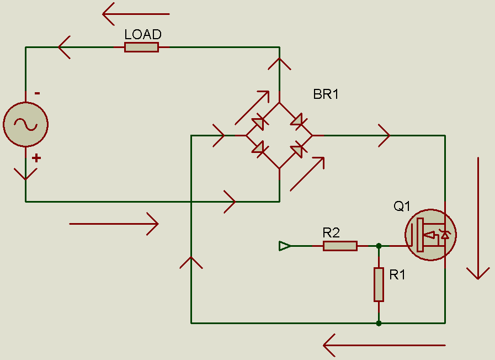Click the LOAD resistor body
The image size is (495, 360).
pyautogui.click(x=141, y=47)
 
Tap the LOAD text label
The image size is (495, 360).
pyautogui.click(x=143, y=34)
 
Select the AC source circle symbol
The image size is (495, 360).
pyautogui.click(x=25, y=124)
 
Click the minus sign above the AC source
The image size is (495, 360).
pyautogui.click(x=37, y=93)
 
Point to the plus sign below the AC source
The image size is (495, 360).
pyautogui.click(x=36, y=158)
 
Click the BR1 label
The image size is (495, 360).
pyautogui.click(x=326, y=94)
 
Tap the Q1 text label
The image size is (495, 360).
pyautogui.click(x=402, y=207)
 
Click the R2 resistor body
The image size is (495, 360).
pyautogui.click(x=340, y=246)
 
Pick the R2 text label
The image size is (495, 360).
pyautogui.click(x=331, y=232)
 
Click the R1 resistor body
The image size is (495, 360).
pyautogui.click(x=379, y=284)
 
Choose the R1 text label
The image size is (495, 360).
pyautogui.click(x=397, y=275)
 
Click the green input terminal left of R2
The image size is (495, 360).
pyautogui.click(x=284, y=246)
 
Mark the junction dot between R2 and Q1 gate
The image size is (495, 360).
pyautogui.click(x=379, y=246)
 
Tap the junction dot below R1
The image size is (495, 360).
pyautogui.click(x=379, y=323)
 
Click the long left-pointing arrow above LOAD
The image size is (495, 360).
pyautogui.click(x=136, y=14)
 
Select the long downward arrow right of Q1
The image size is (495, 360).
pyautogui.click(x=478, y=218)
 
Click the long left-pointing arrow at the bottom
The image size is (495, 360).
pyautogui.click(x=384, y=346)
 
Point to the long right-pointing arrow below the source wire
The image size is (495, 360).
pyautogui.click(x=114, y=224)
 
